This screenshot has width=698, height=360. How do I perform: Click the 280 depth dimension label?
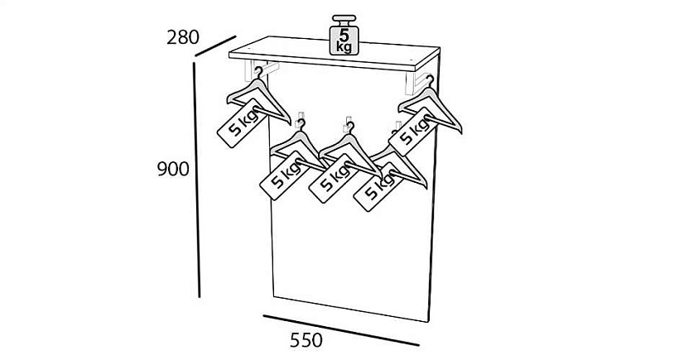pos(182,37)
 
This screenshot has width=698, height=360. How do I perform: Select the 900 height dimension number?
pos(173,169)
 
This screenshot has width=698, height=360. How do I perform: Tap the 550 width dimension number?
pos(306,340)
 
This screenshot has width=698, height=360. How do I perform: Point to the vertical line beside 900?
pos(196,180)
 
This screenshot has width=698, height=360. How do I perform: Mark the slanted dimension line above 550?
pos(341,330)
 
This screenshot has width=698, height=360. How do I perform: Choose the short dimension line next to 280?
pos(215,46)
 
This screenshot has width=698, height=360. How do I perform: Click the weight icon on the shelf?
pos(344,35)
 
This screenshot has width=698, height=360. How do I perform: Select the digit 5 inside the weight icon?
pos(344,35)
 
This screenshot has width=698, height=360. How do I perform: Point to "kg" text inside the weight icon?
pos(344,47)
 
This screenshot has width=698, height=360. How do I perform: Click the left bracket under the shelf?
pos(261,71)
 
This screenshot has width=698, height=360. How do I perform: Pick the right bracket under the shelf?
pos(414,84)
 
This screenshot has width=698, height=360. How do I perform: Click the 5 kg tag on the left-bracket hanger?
pos(239,123)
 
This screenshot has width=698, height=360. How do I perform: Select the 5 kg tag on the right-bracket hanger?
pos(412,132)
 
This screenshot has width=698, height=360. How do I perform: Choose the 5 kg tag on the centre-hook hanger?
pos(332,179)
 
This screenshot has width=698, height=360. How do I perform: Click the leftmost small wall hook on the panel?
pos(301,118)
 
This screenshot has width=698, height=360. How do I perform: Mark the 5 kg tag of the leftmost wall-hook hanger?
pos(283,175)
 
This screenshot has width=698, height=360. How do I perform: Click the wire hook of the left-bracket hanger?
pos(258,73)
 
